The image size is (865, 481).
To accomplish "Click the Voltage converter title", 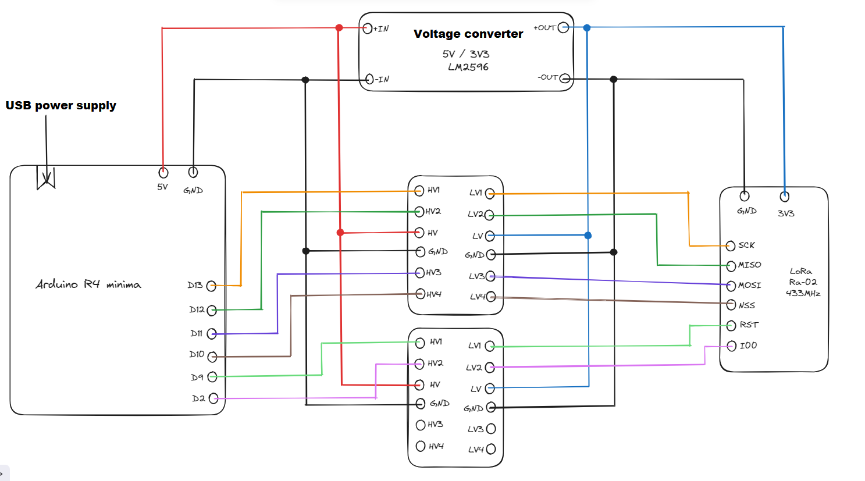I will [468, 34].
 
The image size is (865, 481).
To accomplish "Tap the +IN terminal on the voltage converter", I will [367, 28].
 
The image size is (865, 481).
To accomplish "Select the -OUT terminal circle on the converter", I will [564, 78].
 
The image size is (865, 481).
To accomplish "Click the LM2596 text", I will [468, 67].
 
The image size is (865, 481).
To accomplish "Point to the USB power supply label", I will [61, 105].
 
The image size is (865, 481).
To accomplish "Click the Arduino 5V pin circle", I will [163, 173].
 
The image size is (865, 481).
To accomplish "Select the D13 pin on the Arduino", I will [211, 286].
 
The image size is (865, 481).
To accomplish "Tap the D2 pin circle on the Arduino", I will [213, 398].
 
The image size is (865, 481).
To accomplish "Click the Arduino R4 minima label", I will [88, 284].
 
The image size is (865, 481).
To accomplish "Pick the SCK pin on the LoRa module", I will [731, 245].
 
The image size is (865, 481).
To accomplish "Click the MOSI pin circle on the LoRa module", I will [731, 285].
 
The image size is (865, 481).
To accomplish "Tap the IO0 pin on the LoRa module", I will [732, 346].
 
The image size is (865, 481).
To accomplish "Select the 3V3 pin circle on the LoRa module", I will [784, 197].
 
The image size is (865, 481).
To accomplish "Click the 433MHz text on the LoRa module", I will [803, 293].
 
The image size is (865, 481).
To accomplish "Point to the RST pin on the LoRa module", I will [731, 326].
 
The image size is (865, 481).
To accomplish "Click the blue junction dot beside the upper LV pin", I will [588, 236].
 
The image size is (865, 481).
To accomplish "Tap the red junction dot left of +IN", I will [339, 27].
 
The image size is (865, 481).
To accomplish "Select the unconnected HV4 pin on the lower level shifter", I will [421, 446].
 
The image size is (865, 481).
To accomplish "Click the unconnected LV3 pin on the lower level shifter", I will [490, 429].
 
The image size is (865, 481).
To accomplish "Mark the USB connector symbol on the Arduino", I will [46, 178].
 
